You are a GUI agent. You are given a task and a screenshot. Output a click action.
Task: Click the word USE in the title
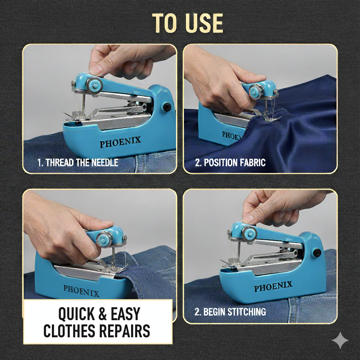204,23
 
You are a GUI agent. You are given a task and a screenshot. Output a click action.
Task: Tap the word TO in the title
165,23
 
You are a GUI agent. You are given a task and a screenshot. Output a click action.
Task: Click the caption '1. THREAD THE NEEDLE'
78,162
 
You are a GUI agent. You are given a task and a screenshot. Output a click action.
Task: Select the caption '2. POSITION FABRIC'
230,162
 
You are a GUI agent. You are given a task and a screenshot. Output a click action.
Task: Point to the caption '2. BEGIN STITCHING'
230,312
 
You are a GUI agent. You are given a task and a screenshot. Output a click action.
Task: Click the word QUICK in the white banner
76,314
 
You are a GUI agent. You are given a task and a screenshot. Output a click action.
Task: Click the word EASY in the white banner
126,314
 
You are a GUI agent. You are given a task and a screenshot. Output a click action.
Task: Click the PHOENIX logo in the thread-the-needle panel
120,142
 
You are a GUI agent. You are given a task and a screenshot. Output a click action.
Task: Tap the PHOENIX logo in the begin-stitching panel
273,286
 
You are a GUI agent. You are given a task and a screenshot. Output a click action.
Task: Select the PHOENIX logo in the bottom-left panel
82,291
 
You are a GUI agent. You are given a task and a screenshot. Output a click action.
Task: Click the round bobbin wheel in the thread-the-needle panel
94,86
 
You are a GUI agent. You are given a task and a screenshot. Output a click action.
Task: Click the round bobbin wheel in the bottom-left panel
104,239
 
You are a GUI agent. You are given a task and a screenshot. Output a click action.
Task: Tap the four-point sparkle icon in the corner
340,340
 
